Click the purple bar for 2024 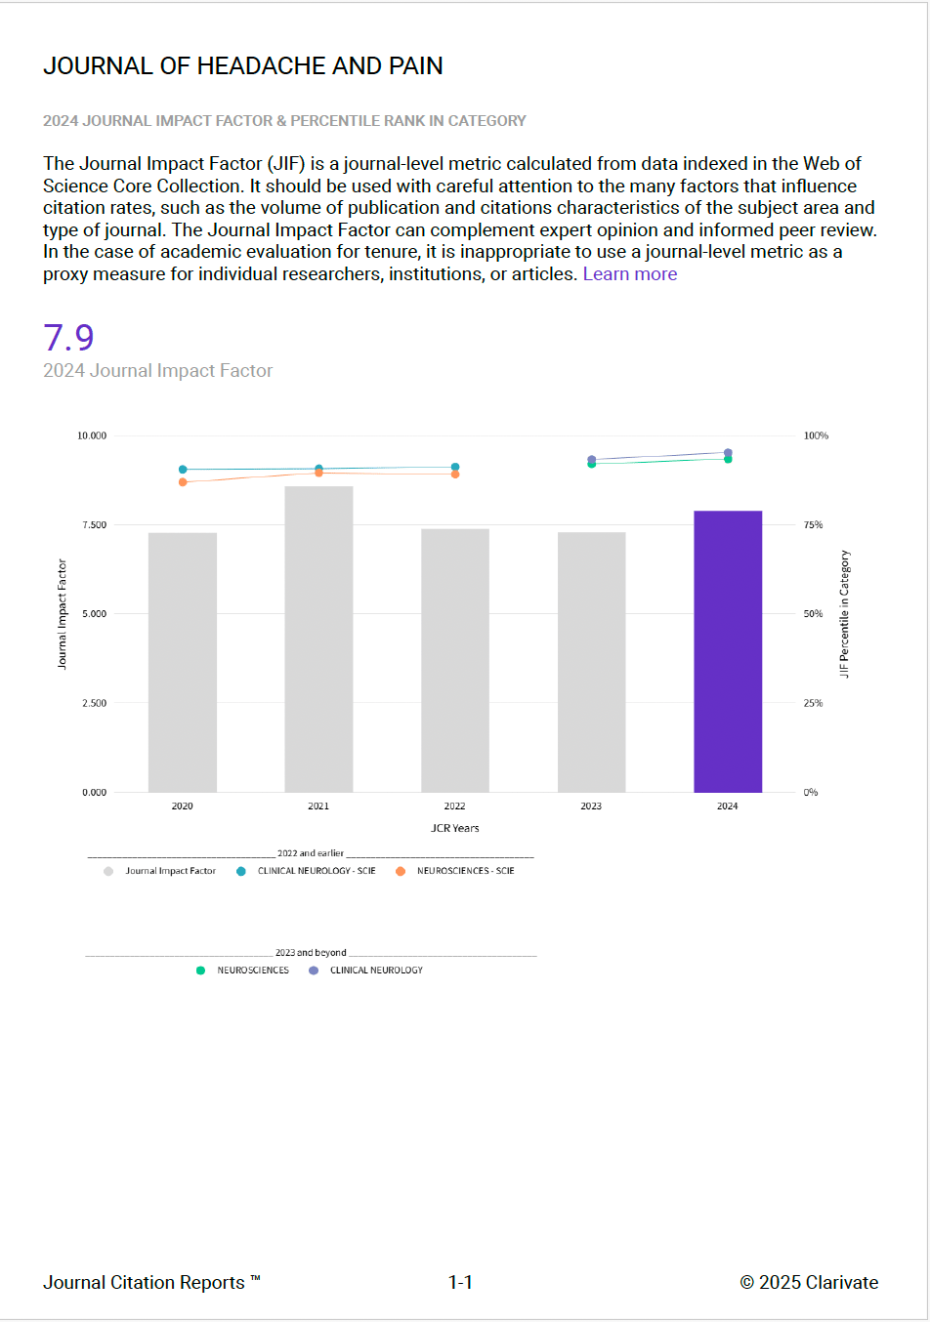pos(728,651)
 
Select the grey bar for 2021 pos(318,639)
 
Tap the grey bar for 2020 pos(183,662)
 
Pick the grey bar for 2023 pos(591,662)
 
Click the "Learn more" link pos(630,274)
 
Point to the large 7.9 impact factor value pos(68,338)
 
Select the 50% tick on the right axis pos(813,614)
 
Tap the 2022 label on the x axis pos(455,806)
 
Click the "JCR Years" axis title pos(455,828)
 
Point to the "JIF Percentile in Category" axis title pos(845,614)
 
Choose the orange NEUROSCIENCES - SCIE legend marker pos(401,871)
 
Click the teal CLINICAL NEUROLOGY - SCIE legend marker pos(241,871)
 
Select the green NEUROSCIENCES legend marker pos(200,971)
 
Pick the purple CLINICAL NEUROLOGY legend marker pos(314,971)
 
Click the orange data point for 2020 pos(183,482)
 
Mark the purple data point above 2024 pos(728,453)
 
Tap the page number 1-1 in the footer pos(460,1283)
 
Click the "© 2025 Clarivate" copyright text pos(809,1283)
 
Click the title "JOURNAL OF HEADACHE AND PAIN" pos(243,65)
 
